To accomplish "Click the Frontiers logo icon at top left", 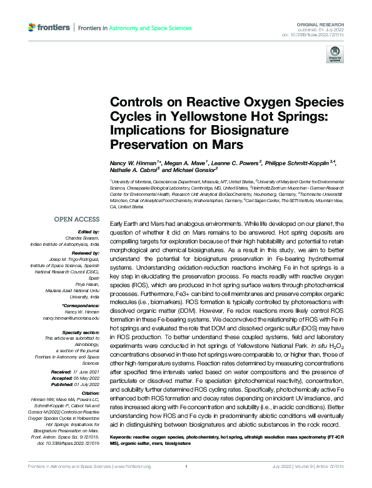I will pos(33,28).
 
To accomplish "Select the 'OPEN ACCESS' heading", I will pos(77,220).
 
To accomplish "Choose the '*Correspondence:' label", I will pos(81,306).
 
